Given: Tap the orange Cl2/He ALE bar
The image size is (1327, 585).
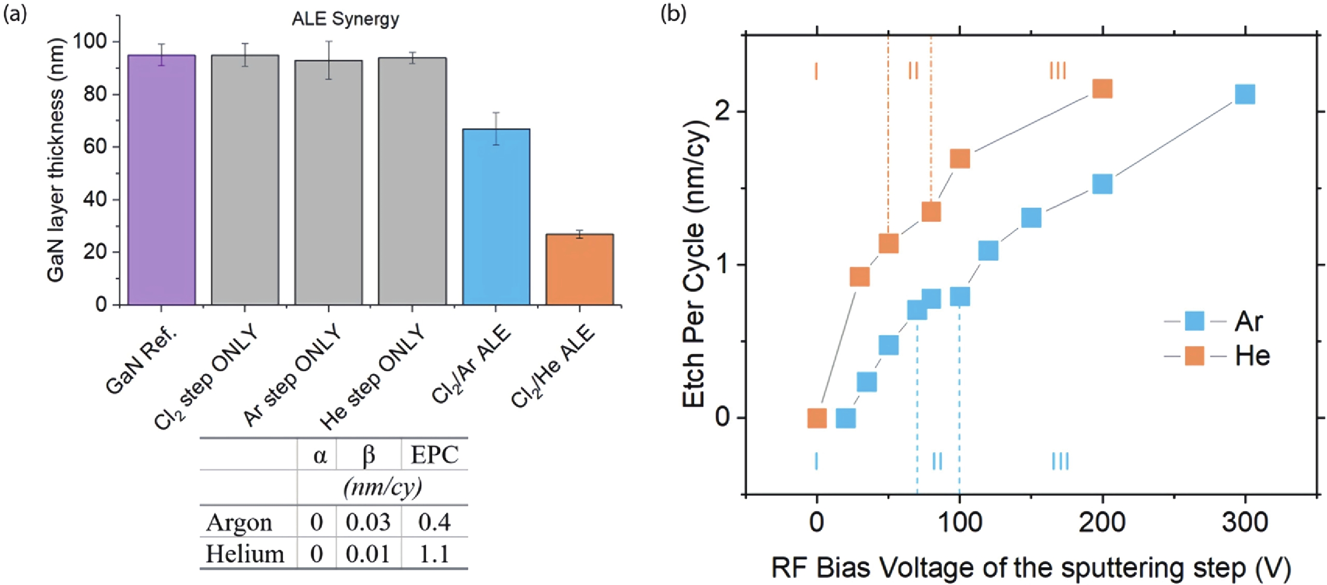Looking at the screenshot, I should click(x=579, y=269).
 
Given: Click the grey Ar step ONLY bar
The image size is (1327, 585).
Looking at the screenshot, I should click(x=328, y=182).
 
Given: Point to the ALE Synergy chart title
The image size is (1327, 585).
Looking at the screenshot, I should click(x=345, y=19).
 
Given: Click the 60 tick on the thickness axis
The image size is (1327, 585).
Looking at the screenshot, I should click(x=95, y=147).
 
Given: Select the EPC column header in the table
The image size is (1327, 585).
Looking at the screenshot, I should click(x=435, y=455).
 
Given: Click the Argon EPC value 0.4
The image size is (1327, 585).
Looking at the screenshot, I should click(x=435, y=522).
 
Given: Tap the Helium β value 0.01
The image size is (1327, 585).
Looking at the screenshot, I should click(x=368, y=554).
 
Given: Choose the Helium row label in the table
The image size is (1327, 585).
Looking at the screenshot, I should click(x=245, y=554).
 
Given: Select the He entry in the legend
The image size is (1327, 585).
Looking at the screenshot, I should click(x=1252, y=356).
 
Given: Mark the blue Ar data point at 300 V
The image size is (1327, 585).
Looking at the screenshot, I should click(x=1245, y=94).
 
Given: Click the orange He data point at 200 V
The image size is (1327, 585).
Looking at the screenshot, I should click(x=1102, y=89).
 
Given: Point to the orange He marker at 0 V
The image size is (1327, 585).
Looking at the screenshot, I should click(x=817, y=418).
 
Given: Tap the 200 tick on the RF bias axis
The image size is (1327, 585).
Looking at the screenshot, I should click(x=1102, y=522).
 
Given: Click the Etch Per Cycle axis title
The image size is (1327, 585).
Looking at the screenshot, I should click(x=694, y=264).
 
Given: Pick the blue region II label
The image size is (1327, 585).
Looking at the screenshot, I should click(x=937, y=461).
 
